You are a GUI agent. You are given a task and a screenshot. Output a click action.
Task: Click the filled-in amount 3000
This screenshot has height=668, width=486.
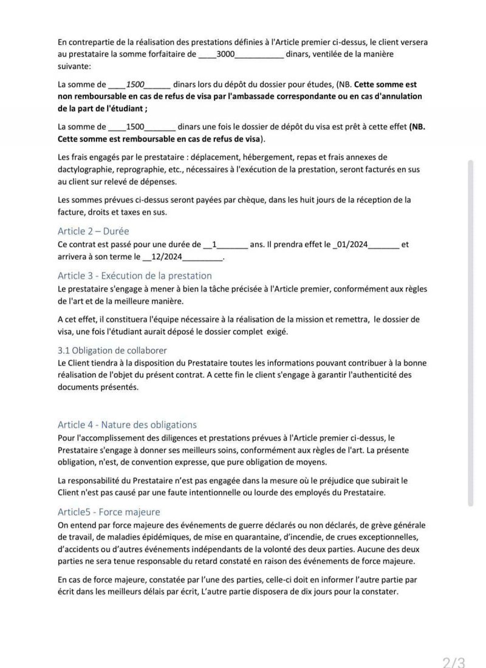click(x=225, y=54)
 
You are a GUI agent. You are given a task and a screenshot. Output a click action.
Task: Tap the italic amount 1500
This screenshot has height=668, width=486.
click(x=135, y=84)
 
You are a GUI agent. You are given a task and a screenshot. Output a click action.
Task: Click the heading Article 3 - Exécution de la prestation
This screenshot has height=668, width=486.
click(x=135, y=276)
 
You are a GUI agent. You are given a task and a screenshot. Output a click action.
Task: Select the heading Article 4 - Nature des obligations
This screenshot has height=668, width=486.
click(x=127, y=424)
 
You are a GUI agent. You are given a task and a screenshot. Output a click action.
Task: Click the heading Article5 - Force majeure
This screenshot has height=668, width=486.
click(x=109, y=512)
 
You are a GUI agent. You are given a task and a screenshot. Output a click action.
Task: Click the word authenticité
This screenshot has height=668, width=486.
click(x=386, y=375)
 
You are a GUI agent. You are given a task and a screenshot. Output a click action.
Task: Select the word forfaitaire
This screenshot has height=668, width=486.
click(x=167, y=54)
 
